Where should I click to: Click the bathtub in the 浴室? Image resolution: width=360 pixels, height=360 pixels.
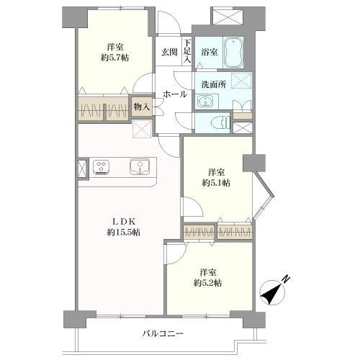(x=233, y=53)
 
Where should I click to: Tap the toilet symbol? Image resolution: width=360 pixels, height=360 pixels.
(x=220, y=123)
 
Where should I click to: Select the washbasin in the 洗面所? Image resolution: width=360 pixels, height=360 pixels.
(x=205, y=102)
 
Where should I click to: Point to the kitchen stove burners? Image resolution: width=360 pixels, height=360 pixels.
(x=101, y=166)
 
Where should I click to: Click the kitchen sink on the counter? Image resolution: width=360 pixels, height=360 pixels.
(x=140, y=166)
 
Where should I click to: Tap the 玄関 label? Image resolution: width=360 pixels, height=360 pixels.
(x=169, y=52)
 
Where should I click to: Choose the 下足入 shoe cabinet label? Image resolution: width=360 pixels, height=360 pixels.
(x=186, y=51)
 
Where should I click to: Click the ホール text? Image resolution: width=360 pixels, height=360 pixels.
(x=175, y=94)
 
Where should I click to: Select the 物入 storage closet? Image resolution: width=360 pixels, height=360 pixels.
(x=142, y=107)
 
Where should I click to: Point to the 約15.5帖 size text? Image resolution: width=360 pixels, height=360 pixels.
(x=123, y=232)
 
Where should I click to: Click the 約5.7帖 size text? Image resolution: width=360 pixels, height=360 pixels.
(x=114, y=58)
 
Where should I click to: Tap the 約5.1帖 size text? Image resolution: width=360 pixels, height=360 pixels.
(x=216, y=183)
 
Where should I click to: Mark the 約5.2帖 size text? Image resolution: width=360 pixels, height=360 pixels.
(x=207, y=283)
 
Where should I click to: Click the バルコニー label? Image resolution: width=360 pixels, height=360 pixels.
(x=163, y=333)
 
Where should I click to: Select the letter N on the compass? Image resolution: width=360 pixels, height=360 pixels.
(x=286, y=279)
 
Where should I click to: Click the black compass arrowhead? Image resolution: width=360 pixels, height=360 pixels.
(x=270, y=293)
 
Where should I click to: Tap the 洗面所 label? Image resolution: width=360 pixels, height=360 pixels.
(x=213, y=84)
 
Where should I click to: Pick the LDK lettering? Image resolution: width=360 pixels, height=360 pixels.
(x=124, y=221)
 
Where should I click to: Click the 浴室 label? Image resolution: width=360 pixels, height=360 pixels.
(x=210, y=52)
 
